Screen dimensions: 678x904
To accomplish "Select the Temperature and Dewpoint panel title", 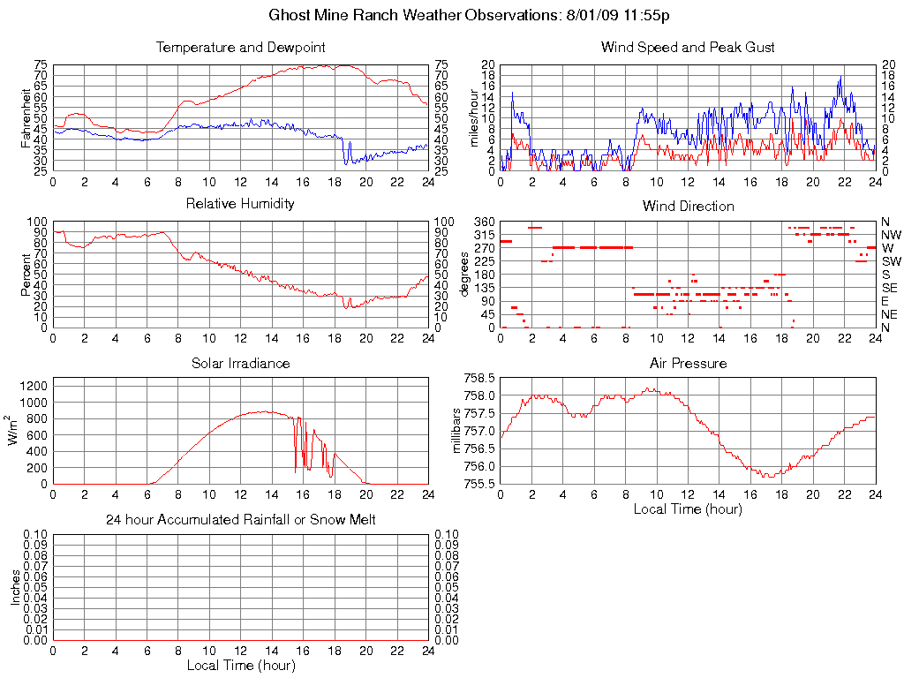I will click(x=240, y=47).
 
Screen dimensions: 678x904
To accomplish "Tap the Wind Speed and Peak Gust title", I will click(x=688, y=47).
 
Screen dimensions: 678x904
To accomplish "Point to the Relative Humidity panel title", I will click(x=240, y=204).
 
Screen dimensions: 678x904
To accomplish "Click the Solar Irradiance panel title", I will click(x=240, y=363).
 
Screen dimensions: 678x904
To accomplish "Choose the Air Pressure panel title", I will click(x=688, y=363).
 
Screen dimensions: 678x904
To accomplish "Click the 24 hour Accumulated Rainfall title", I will click(x=240, y=520).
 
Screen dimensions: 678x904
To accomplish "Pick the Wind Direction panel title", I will click(x=688, y=206).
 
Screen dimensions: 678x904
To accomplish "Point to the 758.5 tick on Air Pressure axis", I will click(x=481, y=378).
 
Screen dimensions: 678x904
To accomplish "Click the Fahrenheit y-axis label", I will click(x=26, y=117).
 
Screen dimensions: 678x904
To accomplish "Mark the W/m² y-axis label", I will click(x=15, y=430).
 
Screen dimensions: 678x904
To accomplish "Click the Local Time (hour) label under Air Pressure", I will click(x=688, y=508).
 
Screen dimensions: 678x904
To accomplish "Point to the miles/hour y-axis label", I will click(x=474, y=117).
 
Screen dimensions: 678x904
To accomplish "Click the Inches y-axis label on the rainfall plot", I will click(x=15, y=587).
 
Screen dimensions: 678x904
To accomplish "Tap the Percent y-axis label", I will click(x=26, y=275).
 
